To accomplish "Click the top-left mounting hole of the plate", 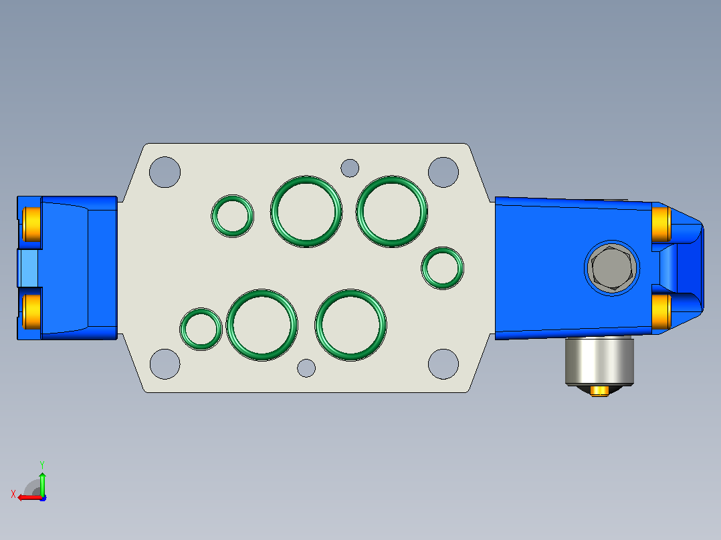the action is click(x=165, y=172).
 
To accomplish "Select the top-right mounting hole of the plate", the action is click(x=443, y=172).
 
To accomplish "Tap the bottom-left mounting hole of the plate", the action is click(x=165, y=364).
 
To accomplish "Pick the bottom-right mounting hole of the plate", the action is click(x=443, y=364).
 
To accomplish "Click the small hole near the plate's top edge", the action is click(x=350, y=168).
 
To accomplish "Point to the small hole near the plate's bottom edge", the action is click(x=306, y=368).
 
